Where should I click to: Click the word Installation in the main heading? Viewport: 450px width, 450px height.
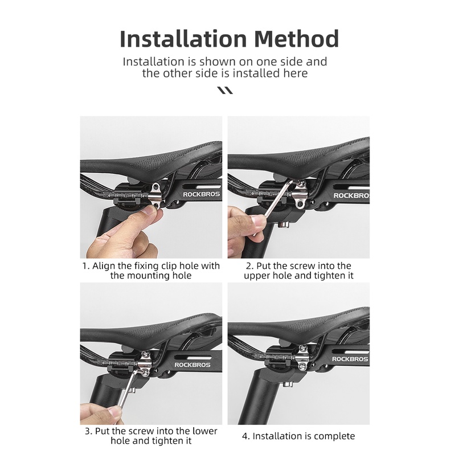[x=183, y=39]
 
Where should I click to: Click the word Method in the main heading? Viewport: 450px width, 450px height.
[x=296, y=39]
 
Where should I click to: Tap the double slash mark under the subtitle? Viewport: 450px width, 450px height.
[x=226, y=91]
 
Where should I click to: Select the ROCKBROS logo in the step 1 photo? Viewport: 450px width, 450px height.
[x=202, y=194]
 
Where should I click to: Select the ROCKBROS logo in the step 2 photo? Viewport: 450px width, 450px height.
[x=351, y=196]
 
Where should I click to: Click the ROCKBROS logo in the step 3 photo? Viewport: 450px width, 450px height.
[x=193, y=365]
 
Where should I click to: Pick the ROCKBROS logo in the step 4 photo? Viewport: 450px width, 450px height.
[x=350, y=359]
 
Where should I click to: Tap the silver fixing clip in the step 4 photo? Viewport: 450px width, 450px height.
[x=301, y=357]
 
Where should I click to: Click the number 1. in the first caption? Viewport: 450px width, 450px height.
[x=86, y=266]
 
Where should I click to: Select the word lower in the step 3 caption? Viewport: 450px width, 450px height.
[x=204, y=431]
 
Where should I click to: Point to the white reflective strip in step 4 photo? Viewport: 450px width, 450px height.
[x=356, y=352]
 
